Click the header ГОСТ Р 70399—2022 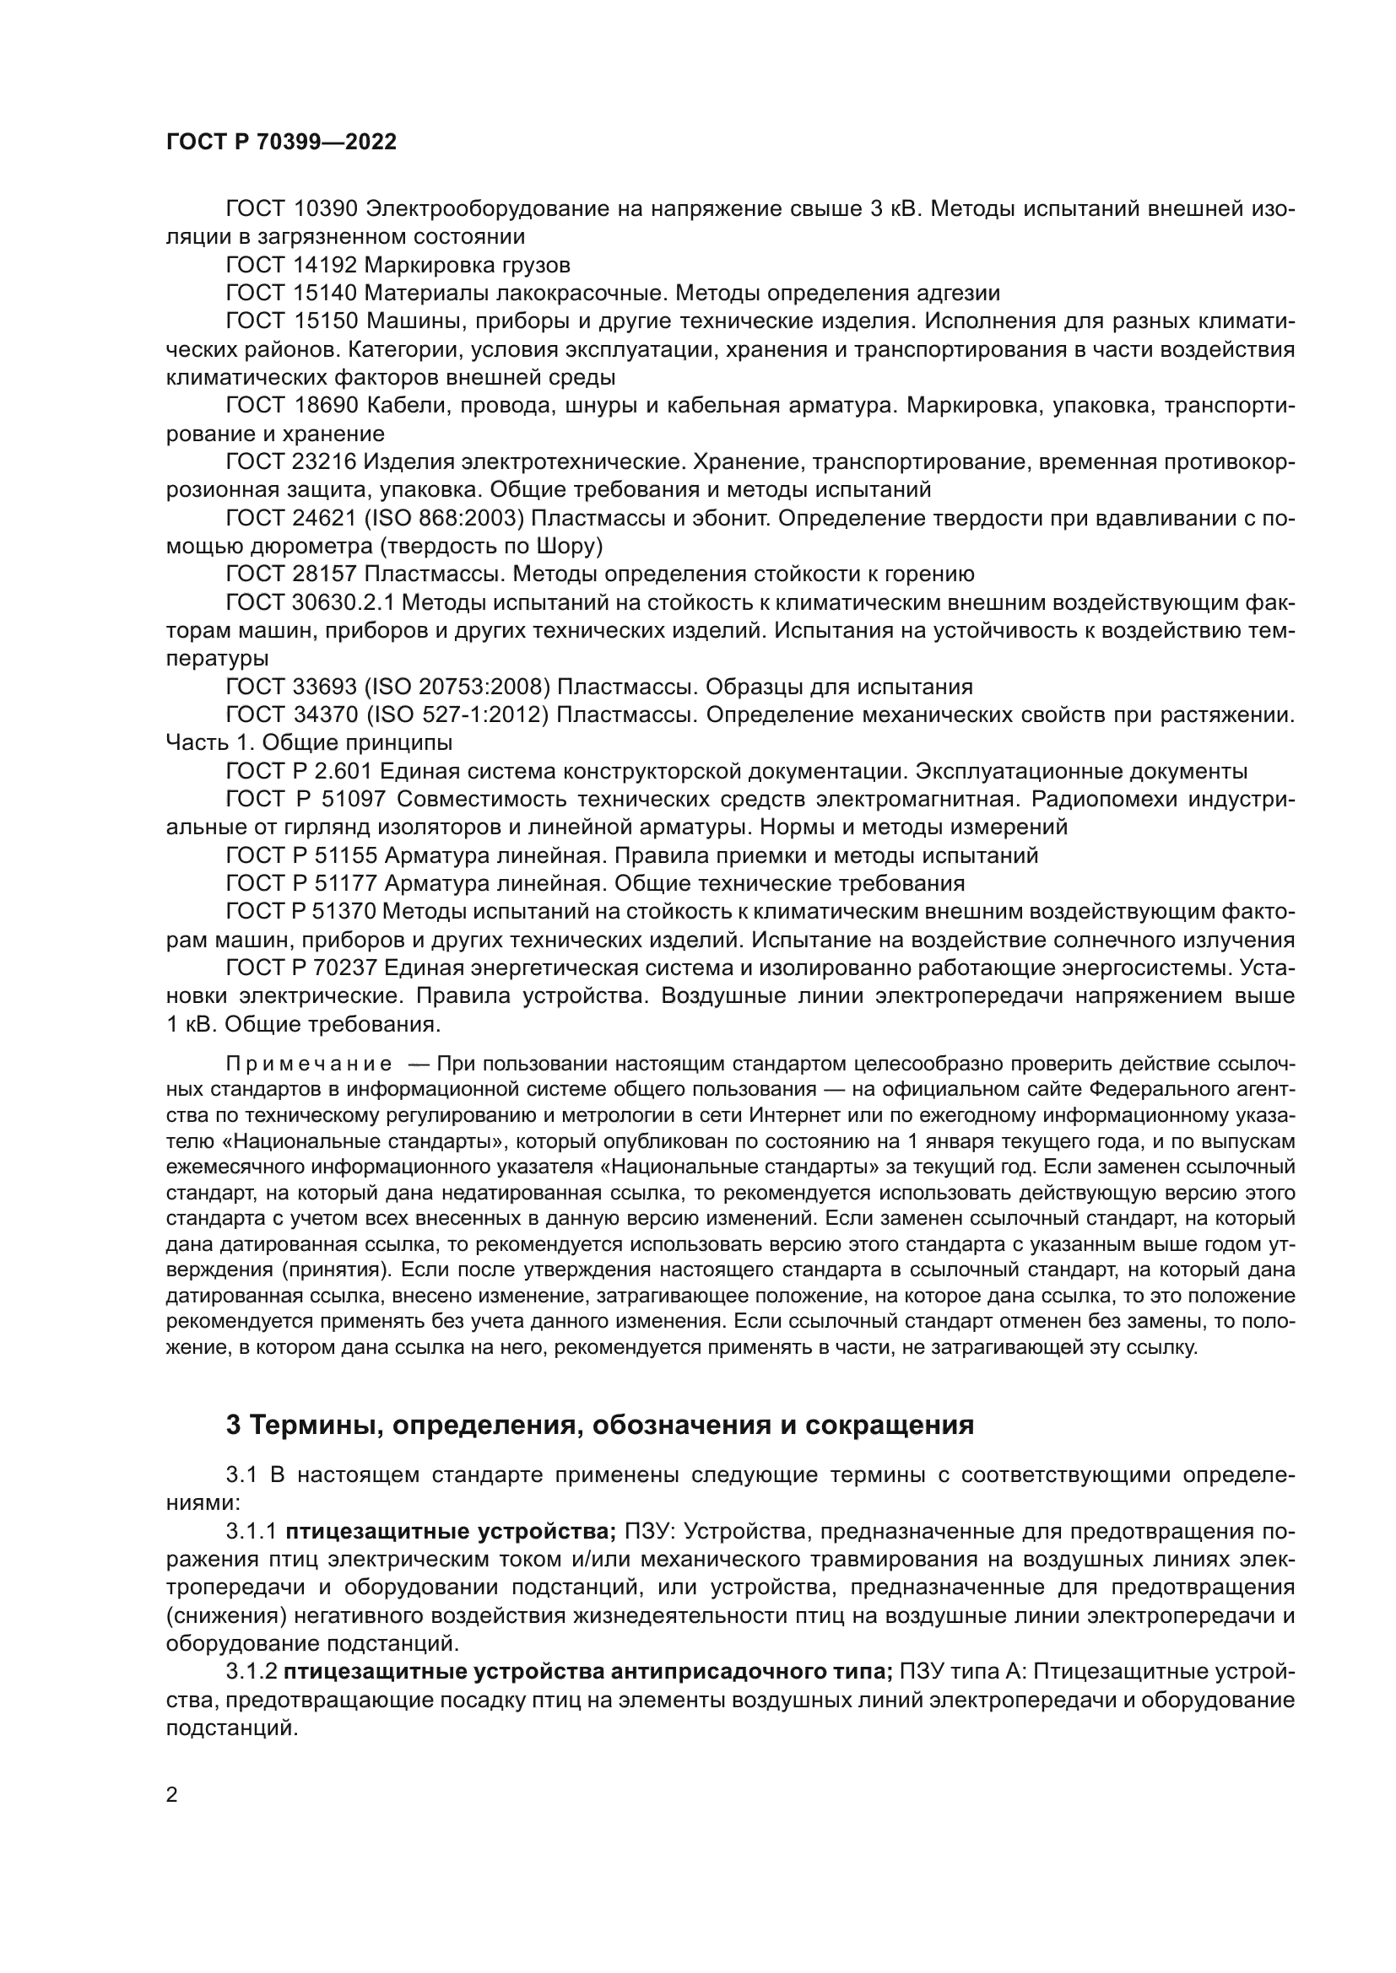pos(281,143)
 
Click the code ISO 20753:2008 pos(457,687)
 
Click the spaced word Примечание pos(309,1065)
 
